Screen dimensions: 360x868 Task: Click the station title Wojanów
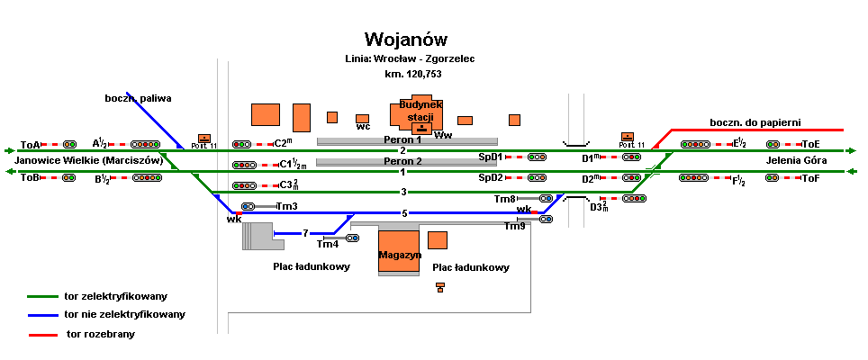(405, 40)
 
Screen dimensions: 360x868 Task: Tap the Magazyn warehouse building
(400, 253)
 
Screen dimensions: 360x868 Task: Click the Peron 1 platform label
(402, 140)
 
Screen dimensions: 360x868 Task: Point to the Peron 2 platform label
(402, 162)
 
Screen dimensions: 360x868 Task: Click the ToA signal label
(31, 145)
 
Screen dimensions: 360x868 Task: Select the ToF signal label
(810, 178)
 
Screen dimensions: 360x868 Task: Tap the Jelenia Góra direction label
(796, 161)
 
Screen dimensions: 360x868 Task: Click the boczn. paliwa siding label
(138, 98)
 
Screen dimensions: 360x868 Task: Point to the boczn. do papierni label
(755, 122)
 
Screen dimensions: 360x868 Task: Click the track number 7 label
(306, 233)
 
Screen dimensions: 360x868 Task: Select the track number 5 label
(404, 213)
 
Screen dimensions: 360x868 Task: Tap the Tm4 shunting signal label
(328, 244)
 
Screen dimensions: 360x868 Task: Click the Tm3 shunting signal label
(286, 206)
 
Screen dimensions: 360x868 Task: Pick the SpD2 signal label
(491, 178)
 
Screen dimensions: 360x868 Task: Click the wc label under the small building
(364, 127)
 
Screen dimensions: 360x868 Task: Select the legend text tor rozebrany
(100, 334)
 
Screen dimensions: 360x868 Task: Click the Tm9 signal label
(514, 226)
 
